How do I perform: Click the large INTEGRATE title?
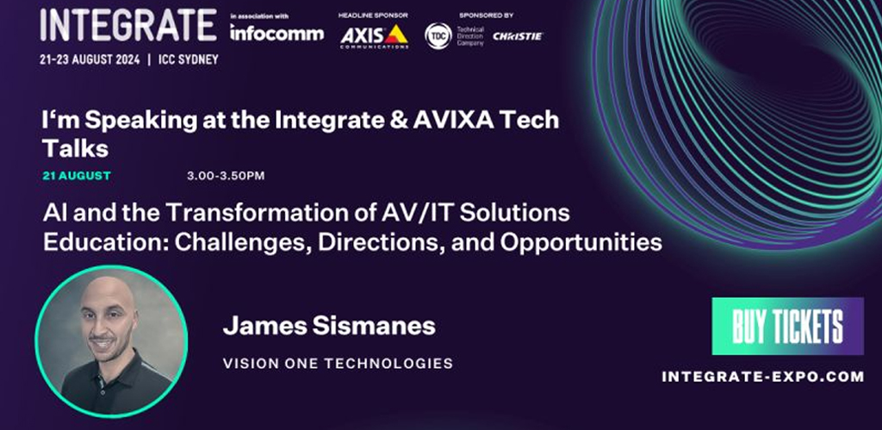click(128, 25)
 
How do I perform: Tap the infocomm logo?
click(276, 33)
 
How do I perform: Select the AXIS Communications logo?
click(374, 36)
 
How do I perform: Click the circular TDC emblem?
click(438, 36)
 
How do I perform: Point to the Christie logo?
click(518, 36)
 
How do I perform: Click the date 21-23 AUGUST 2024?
click(90, 59)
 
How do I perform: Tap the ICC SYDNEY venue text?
click(189, 59)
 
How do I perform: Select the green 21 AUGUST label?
click(77, 176)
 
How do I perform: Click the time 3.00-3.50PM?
click(226, 176)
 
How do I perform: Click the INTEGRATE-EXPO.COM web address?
click(763, 377)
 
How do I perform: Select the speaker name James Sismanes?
click(329, 326)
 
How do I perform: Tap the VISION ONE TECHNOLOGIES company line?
click(338, 364)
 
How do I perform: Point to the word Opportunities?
click(581, 243)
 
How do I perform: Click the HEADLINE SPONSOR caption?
click(373, 16)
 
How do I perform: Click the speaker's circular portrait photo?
click(111, 341)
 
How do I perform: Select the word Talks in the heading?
click(76, 148)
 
